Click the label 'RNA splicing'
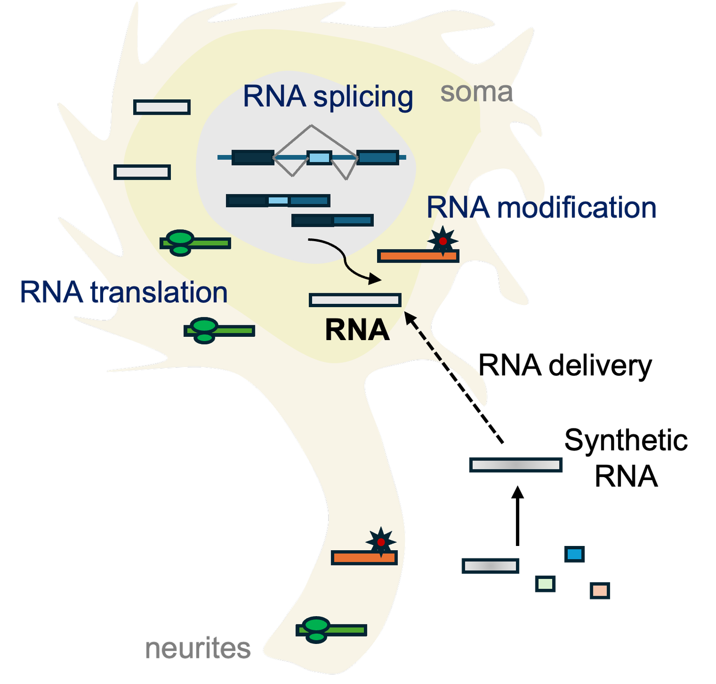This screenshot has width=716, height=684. coord(328,96)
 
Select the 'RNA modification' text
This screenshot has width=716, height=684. coord(541,208)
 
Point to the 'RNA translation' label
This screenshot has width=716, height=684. coord(124,292)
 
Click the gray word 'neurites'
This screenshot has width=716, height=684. coord(198,649)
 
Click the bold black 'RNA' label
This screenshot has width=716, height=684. coord(357,330)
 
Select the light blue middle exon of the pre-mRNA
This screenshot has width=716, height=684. coord(319,158)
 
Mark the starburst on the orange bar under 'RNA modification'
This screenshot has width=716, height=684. coord(442,241)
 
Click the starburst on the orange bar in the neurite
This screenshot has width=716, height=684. coord(381,542)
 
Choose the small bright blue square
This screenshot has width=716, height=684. coord(574,554)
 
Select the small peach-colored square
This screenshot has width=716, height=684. coord(600,591)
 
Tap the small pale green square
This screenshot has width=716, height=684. coord(545,584)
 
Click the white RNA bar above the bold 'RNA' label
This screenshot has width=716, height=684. coord(355,300)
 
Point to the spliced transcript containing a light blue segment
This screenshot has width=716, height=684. coord(278,201)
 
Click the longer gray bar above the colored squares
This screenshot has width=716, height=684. coord(516,465)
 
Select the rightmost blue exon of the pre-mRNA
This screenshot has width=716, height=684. coord(378,158)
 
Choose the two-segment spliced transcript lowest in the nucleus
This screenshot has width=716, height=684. coord(332,220)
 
